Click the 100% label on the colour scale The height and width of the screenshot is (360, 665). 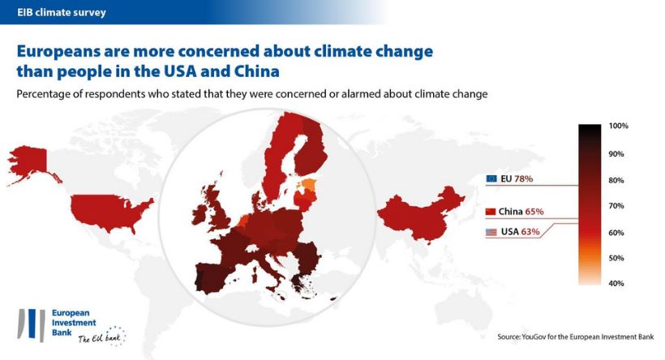pos(618,126)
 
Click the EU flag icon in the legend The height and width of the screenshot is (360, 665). pos(491,178)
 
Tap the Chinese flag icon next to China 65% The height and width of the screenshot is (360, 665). pos(491,212)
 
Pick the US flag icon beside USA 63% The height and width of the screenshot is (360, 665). pos(491,233)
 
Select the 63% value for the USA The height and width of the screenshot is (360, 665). pos(530,233)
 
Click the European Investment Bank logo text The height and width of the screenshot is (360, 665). pos(72,320)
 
